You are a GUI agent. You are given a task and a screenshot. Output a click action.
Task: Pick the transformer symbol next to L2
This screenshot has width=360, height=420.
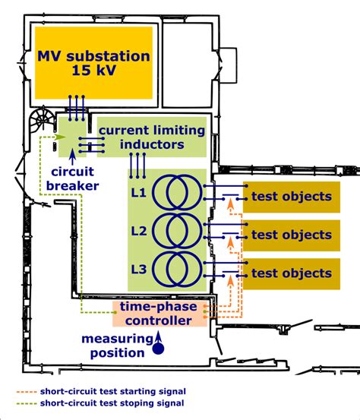point(178,230)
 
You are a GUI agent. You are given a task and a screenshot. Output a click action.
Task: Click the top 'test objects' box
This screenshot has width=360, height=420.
point(291,197)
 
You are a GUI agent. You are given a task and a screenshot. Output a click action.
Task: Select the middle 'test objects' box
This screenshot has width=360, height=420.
point(291,235)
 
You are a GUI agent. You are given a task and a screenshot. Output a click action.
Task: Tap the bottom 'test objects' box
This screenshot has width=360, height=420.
point(291,273)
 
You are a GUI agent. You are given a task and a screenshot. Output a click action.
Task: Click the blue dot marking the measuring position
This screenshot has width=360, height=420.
point(159,349)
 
